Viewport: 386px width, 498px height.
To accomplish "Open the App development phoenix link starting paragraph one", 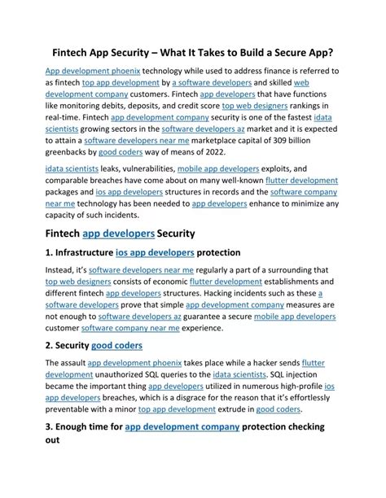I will pos(92,72).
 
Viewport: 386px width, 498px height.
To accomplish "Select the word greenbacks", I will pos(73,151).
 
